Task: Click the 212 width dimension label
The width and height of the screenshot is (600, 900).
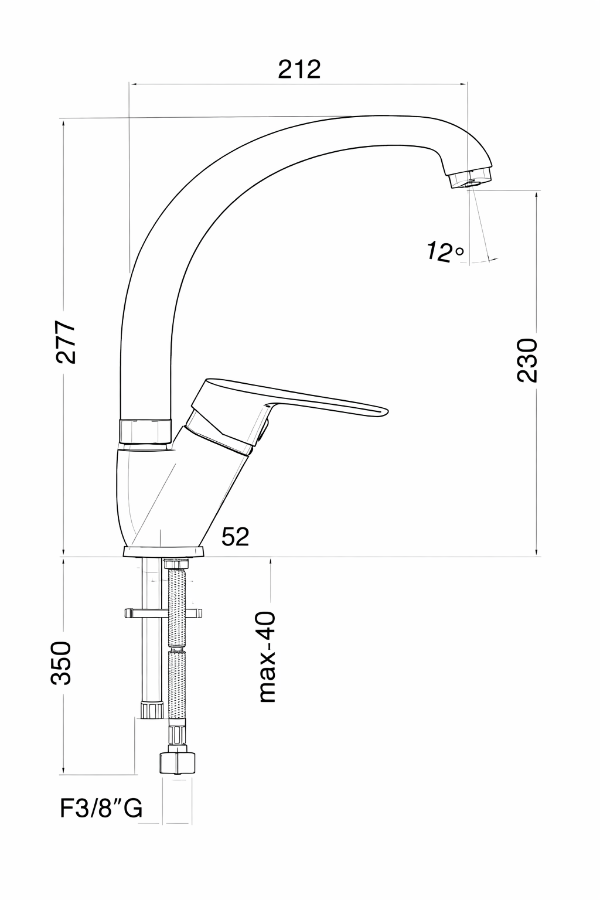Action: (x=299, y=69)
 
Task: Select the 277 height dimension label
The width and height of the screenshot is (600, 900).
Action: (x=66, y=342)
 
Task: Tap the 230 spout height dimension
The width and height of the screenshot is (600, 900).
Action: (x=527, y=360)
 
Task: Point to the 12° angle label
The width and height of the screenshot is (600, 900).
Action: (x=445, y=251)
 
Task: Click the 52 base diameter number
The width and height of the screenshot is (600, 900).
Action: (x=236, y=536)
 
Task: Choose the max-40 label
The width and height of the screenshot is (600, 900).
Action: (x=267, y=657)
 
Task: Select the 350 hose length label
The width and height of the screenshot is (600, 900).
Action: (x=61, y=663)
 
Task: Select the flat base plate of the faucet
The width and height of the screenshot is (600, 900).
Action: (x=163, y=551)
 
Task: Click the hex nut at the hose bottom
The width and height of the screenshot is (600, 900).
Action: (x=177, y=761)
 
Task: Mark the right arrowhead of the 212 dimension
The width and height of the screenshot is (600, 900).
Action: (x=463, y=84)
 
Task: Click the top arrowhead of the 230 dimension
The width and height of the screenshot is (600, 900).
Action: (x=536, y=195)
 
